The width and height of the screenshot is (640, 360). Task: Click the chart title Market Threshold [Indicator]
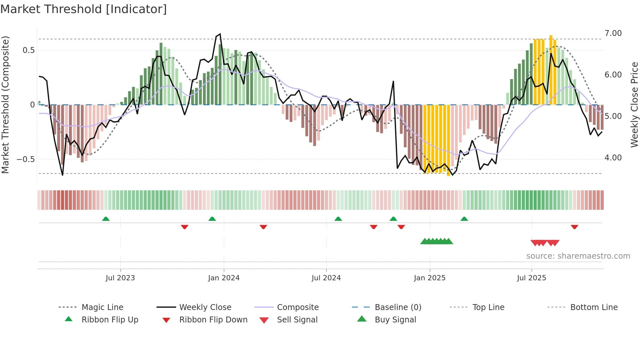coord(84,9)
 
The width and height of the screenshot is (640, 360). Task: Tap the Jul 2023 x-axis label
coord(120,278)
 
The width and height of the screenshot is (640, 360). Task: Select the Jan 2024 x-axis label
coord(224,278)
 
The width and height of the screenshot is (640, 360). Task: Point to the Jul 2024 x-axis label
coord(326,278)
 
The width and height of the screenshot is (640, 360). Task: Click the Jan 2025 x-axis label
coord(429,278)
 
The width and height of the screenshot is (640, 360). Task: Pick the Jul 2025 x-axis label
coord(531,278)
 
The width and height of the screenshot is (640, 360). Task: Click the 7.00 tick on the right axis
coord(613,33)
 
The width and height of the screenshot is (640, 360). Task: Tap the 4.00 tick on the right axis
coord(613,158)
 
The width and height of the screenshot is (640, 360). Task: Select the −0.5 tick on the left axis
coord(26,159)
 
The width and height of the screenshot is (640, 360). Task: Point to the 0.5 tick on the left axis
coord(28,50)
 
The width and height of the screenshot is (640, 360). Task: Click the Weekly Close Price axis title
coord(634,105)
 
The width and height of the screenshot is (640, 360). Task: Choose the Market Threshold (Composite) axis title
coord(5,105)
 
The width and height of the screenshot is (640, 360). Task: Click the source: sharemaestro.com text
coord(578,256)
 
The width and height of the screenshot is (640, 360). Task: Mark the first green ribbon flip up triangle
coord(106,219)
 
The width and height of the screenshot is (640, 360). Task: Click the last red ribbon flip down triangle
coord(574,227)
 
